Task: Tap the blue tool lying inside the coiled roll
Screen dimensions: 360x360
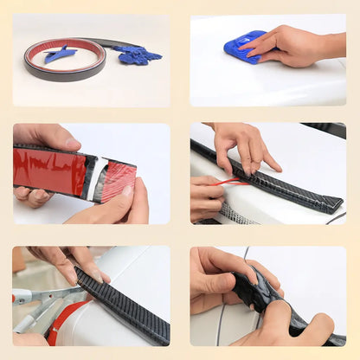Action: [60, 54]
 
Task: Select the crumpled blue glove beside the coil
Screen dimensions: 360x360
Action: [138, 55]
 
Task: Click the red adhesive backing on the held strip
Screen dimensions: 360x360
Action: [48, 170]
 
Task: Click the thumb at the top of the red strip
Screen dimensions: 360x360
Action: [52, 136]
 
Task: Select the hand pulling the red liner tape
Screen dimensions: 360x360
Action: [206, 197]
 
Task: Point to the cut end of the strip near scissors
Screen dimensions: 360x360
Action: [80, 277]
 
